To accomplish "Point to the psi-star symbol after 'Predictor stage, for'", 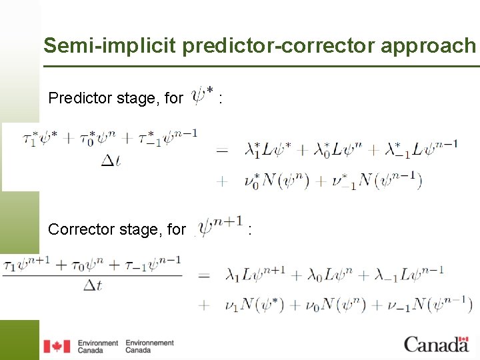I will click(203, 95).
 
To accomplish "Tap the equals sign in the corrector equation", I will click(204, 275).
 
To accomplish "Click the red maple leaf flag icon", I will click(57, 346).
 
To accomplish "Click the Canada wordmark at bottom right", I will click(436, 344).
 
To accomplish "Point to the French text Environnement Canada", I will click(149, 346).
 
